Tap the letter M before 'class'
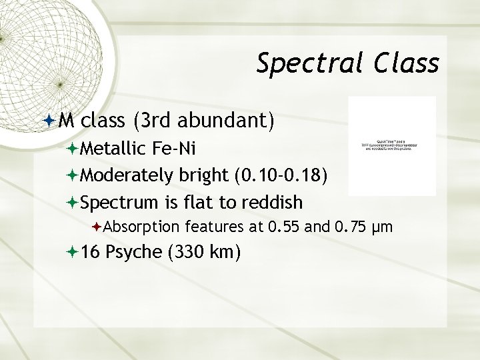tap(66, 121)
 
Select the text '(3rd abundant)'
tap(203, 121)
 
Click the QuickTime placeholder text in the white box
tap(391, 146)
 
